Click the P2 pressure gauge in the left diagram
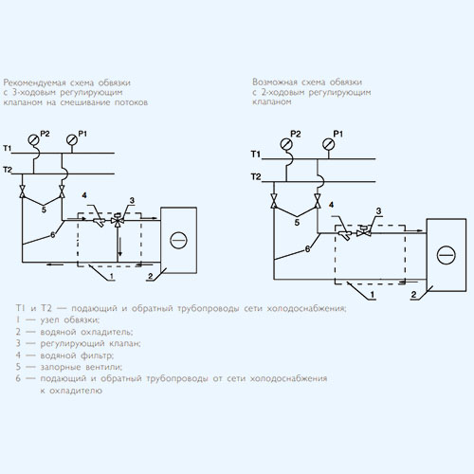33,139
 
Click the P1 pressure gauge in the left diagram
72,139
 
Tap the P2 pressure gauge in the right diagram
286,144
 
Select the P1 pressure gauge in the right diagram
329,144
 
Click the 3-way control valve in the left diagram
118,220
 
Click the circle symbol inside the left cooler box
178,240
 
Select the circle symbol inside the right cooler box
446,255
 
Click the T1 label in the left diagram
7,148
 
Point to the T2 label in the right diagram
256,176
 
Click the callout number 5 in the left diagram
44,210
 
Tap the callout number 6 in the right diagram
307,249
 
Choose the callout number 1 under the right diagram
373,295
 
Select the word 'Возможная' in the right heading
275,82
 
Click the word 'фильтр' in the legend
97,355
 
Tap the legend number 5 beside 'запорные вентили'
18,367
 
